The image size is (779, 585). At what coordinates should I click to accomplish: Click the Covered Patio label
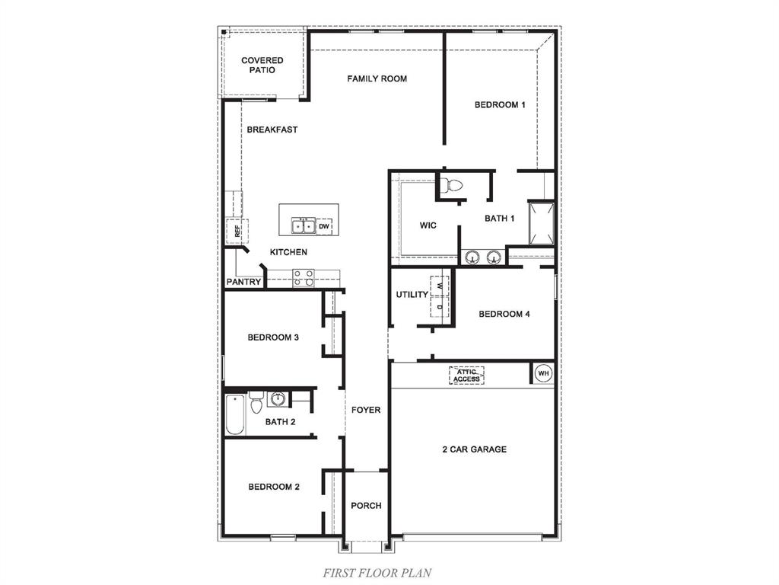(x=262, y=65)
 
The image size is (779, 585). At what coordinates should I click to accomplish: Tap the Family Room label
(x=377, y=78)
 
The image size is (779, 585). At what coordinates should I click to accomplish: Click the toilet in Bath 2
(x=256, y=400)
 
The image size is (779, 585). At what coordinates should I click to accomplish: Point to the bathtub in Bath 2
(x=235, y=415)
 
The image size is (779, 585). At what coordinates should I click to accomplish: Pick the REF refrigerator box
(x=237, y=230)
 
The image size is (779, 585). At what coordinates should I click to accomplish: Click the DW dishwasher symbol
(x=324, y=226)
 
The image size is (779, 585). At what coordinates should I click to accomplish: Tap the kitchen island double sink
(x=304, y=225)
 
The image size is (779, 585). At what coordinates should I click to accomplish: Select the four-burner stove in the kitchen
(x=304, y=278)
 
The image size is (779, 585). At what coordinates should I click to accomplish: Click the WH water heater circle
(x=543, y=373)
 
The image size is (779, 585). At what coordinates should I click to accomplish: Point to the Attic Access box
(x=466, y=375)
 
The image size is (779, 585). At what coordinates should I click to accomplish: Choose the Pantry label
(x=243, y=282)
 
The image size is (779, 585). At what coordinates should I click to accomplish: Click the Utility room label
(x=412, y=295)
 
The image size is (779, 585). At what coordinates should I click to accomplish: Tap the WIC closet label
(x=428, y=225)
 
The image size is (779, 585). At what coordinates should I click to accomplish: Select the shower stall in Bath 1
(x=542, y=223)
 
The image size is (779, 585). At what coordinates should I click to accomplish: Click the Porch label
(x=366, y=505)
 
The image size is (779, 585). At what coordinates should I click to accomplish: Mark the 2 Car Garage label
(x=474, y=449)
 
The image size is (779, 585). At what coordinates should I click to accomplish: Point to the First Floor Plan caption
(x=378, y=571)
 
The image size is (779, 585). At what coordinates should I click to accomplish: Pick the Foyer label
(x=366, y=410)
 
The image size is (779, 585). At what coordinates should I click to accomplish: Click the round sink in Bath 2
(x=278, y=399)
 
